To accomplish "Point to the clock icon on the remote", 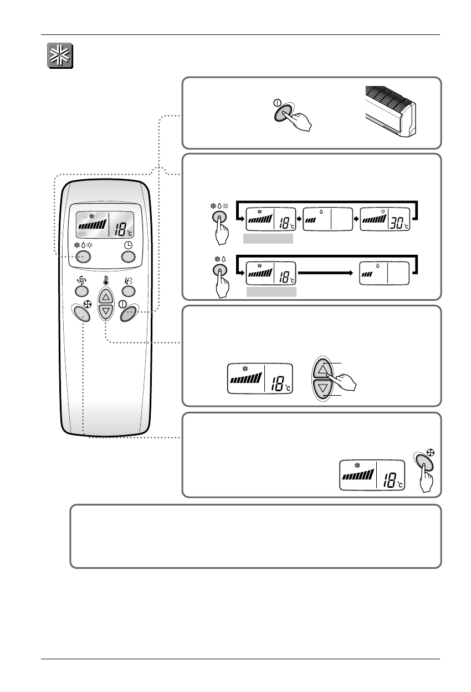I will pos(128,245).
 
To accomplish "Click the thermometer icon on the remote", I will pos(105,280).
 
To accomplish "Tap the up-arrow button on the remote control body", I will pos(106,297).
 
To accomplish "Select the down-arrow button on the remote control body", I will pos(106,312).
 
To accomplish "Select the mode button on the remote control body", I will pos(83,256).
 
